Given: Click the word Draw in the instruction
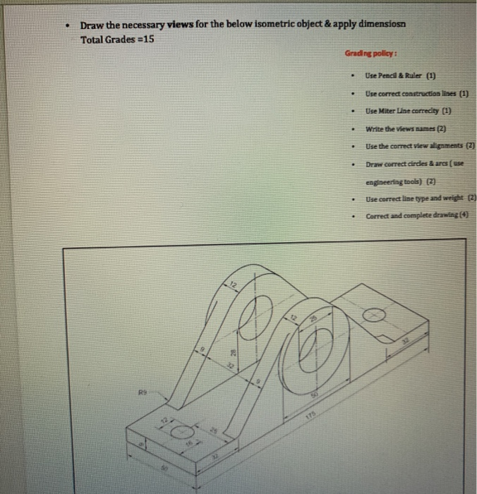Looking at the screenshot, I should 92,25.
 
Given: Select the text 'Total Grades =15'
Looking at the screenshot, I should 116,39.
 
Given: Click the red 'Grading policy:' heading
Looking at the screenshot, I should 370,53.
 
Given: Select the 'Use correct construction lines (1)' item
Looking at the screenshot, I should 416,93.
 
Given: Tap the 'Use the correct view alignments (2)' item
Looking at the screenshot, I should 420,146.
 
